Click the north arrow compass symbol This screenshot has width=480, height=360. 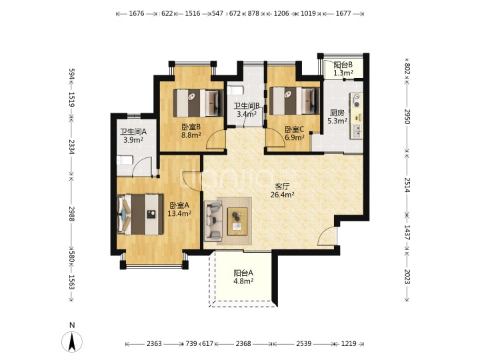(x=72, y=341)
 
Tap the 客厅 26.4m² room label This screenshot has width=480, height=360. (x=283, y=191)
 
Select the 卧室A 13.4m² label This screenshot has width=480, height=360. (x=179, y=209)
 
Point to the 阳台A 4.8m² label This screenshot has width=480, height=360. (x=243, y=277)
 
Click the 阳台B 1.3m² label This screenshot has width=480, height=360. (x=343, y=69)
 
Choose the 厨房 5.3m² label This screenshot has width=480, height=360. (x=337, y=117)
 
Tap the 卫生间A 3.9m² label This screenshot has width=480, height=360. (x=133, y=136)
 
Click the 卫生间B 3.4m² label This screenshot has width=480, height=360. (x=247, y=110)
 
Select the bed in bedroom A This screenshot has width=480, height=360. (x=140, y=214)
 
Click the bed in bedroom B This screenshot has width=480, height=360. (x=198, y=103)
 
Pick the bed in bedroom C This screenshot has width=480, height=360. (x=295, y=101)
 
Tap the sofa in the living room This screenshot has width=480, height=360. (x=213, y=220)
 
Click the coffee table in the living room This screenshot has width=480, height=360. (x=237, y=221)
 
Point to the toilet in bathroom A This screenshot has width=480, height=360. (x=125, y=160)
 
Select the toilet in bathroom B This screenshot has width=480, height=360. (x=235, y=90)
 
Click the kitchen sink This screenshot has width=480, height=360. (x=357, y=131)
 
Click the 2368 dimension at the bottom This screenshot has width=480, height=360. (x=243, y=344)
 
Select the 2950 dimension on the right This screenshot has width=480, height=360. (x=407, y=116)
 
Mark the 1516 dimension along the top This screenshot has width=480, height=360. (x=193, y=13)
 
